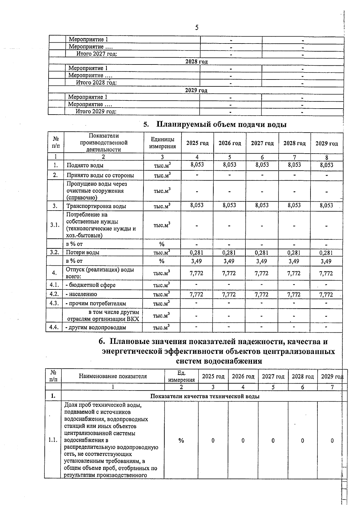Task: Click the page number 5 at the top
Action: tap(196, 28)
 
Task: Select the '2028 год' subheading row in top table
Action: tap(196, 61)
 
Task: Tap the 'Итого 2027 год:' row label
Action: tap(97, 54)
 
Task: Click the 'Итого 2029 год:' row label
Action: tap(96, 112)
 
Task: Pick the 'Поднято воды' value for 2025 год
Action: tap(197, 165)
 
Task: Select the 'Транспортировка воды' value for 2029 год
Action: tap(326, 205)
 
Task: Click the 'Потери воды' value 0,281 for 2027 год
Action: tap(262, 253)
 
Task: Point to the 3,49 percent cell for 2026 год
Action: tap(229, 261)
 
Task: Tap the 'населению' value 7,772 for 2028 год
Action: tap(294, 295)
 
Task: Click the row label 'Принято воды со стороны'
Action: tap(100, 175)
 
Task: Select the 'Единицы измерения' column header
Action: tap(162, 143)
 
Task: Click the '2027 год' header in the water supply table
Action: tap(262, 143)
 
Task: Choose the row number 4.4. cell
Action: tap(54, 327)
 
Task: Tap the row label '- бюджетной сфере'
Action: tap(91, 285)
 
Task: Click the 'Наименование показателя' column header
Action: tap(113, 376)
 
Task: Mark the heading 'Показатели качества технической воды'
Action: tap(205, 396)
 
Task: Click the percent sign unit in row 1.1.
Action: tap(181, 440)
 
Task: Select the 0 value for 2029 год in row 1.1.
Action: tap(332, 441)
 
